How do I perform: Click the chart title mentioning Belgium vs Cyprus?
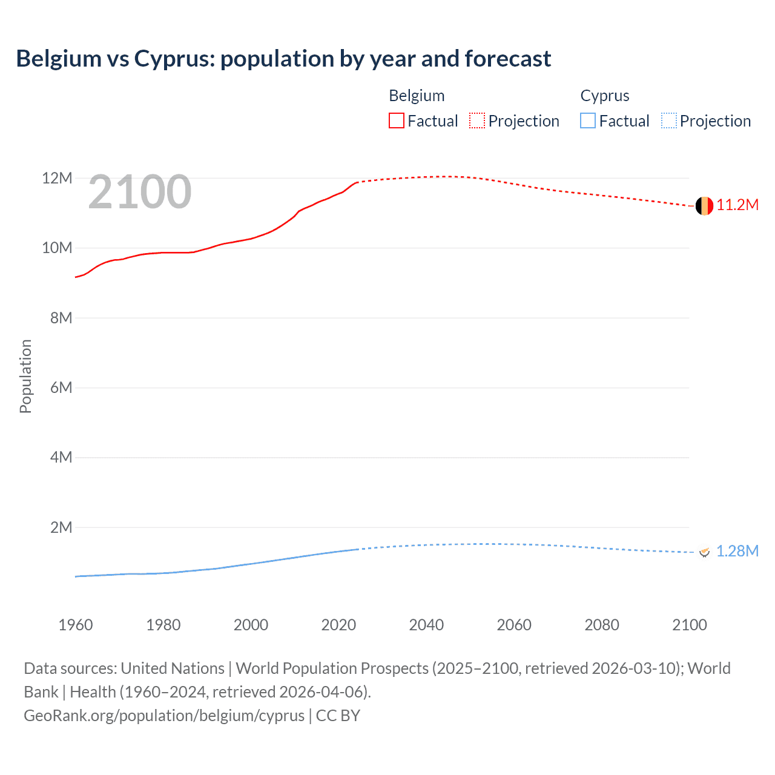pyautogui.click(x=283, y=59)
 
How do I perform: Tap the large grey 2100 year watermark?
pyautogui.click(x=140, y=192)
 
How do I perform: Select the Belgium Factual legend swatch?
pyautogui.click(x=396, y=121)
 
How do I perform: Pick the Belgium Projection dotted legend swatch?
pyautogui.click(x=477, y=121)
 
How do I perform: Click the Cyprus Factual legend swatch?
pyautogui.click(x=588, y=121)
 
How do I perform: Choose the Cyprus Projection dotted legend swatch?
pyautogui.click(x=669, y=121)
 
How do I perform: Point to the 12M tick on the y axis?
pyautogui.click(x=57, y=178)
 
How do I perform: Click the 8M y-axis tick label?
pyautogui.click(x=61, y=318)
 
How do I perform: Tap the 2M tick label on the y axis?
pyautogui.click(x=61, y=527)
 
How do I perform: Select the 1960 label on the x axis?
pyautogui.click(x=76, y=625)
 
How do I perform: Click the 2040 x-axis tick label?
pyautogui.click(x=426, y=625)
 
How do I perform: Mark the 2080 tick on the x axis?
pyautogui.click(x=602, y=625)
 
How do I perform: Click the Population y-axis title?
pyautogui.click(x=25, y=376)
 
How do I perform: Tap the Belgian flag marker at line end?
pyautogui.click(x=704, y=206)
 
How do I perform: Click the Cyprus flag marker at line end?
pyautogui.click(x=704, y=552)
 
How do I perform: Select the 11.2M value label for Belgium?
pyautogui.click(x=737, y=205)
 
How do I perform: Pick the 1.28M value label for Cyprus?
pyautogui.click(x=737, y=551)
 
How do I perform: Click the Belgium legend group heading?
pyautogui.click(x=417, y=96)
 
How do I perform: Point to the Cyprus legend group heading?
pyautogui.click(x=605, y=96)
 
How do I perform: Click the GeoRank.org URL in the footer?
pyautogui.click(x=164, y=716)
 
